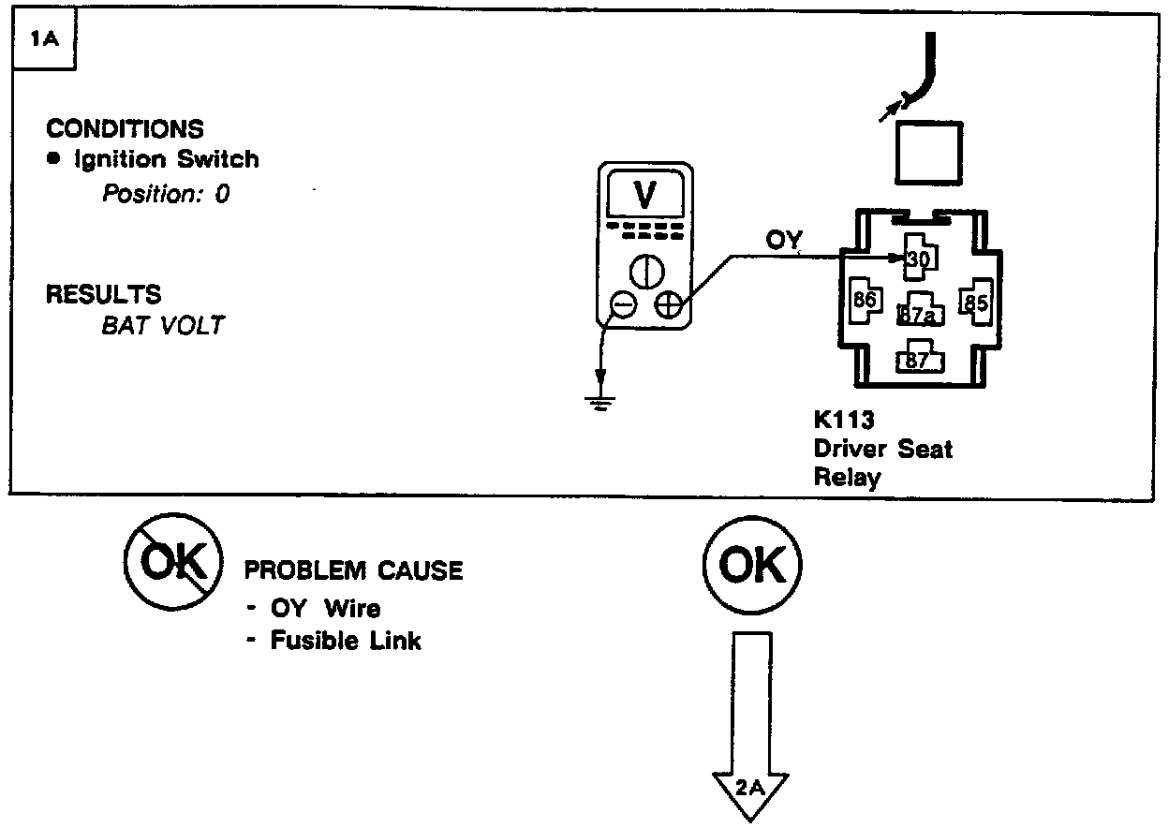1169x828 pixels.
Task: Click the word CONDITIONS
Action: (x=125, y=128)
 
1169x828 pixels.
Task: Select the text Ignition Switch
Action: (x=166, y=159)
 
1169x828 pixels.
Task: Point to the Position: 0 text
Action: (x=165, y=194)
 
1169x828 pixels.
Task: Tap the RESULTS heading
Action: (x=103, y=294)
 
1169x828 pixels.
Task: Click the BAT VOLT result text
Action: (x=163, y=325)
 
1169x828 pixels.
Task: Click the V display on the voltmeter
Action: (x=644, y=195)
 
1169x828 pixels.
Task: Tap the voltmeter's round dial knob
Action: (x=645, y=271)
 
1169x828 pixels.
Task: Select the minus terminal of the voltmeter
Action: (x=622, y=305)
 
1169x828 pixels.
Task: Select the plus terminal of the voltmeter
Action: (x=668, y=305)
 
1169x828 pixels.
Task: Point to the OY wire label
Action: (x=784, y=241)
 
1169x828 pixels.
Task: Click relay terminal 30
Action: (x=917, y=259)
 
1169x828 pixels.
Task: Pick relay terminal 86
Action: (x=863, y=302)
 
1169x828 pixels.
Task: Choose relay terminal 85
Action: (x=976, y=303)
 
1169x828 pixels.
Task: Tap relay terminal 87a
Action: (x=918, y=315)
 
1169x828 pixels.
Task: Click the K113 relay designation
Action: (x=843, y=421)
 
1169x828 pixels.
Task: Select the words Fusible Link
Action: (x=346, y=642)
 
